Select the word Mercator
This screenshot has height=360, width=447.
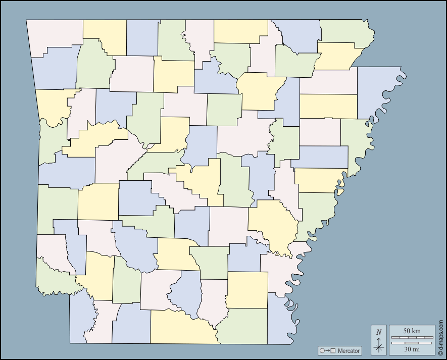coord(349,350)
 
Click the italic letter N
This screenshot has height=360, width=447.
coord(379,332)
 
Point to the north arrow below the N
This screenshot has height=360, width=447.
coord(379,345)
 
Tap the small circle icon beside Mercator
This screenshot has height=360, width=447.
coord(322,350)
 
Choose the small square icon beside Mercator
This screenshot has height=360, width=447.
coord(333,350)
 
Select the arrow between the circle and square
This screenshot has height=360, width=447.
coord(327,350)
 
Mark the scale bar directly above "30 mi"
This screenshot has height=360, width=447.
coord(412,343)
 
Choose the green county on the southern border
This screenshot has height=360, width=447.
coord(242,326)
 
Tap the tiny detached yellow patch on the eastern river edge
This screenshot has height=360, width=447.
coord(340,192)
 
